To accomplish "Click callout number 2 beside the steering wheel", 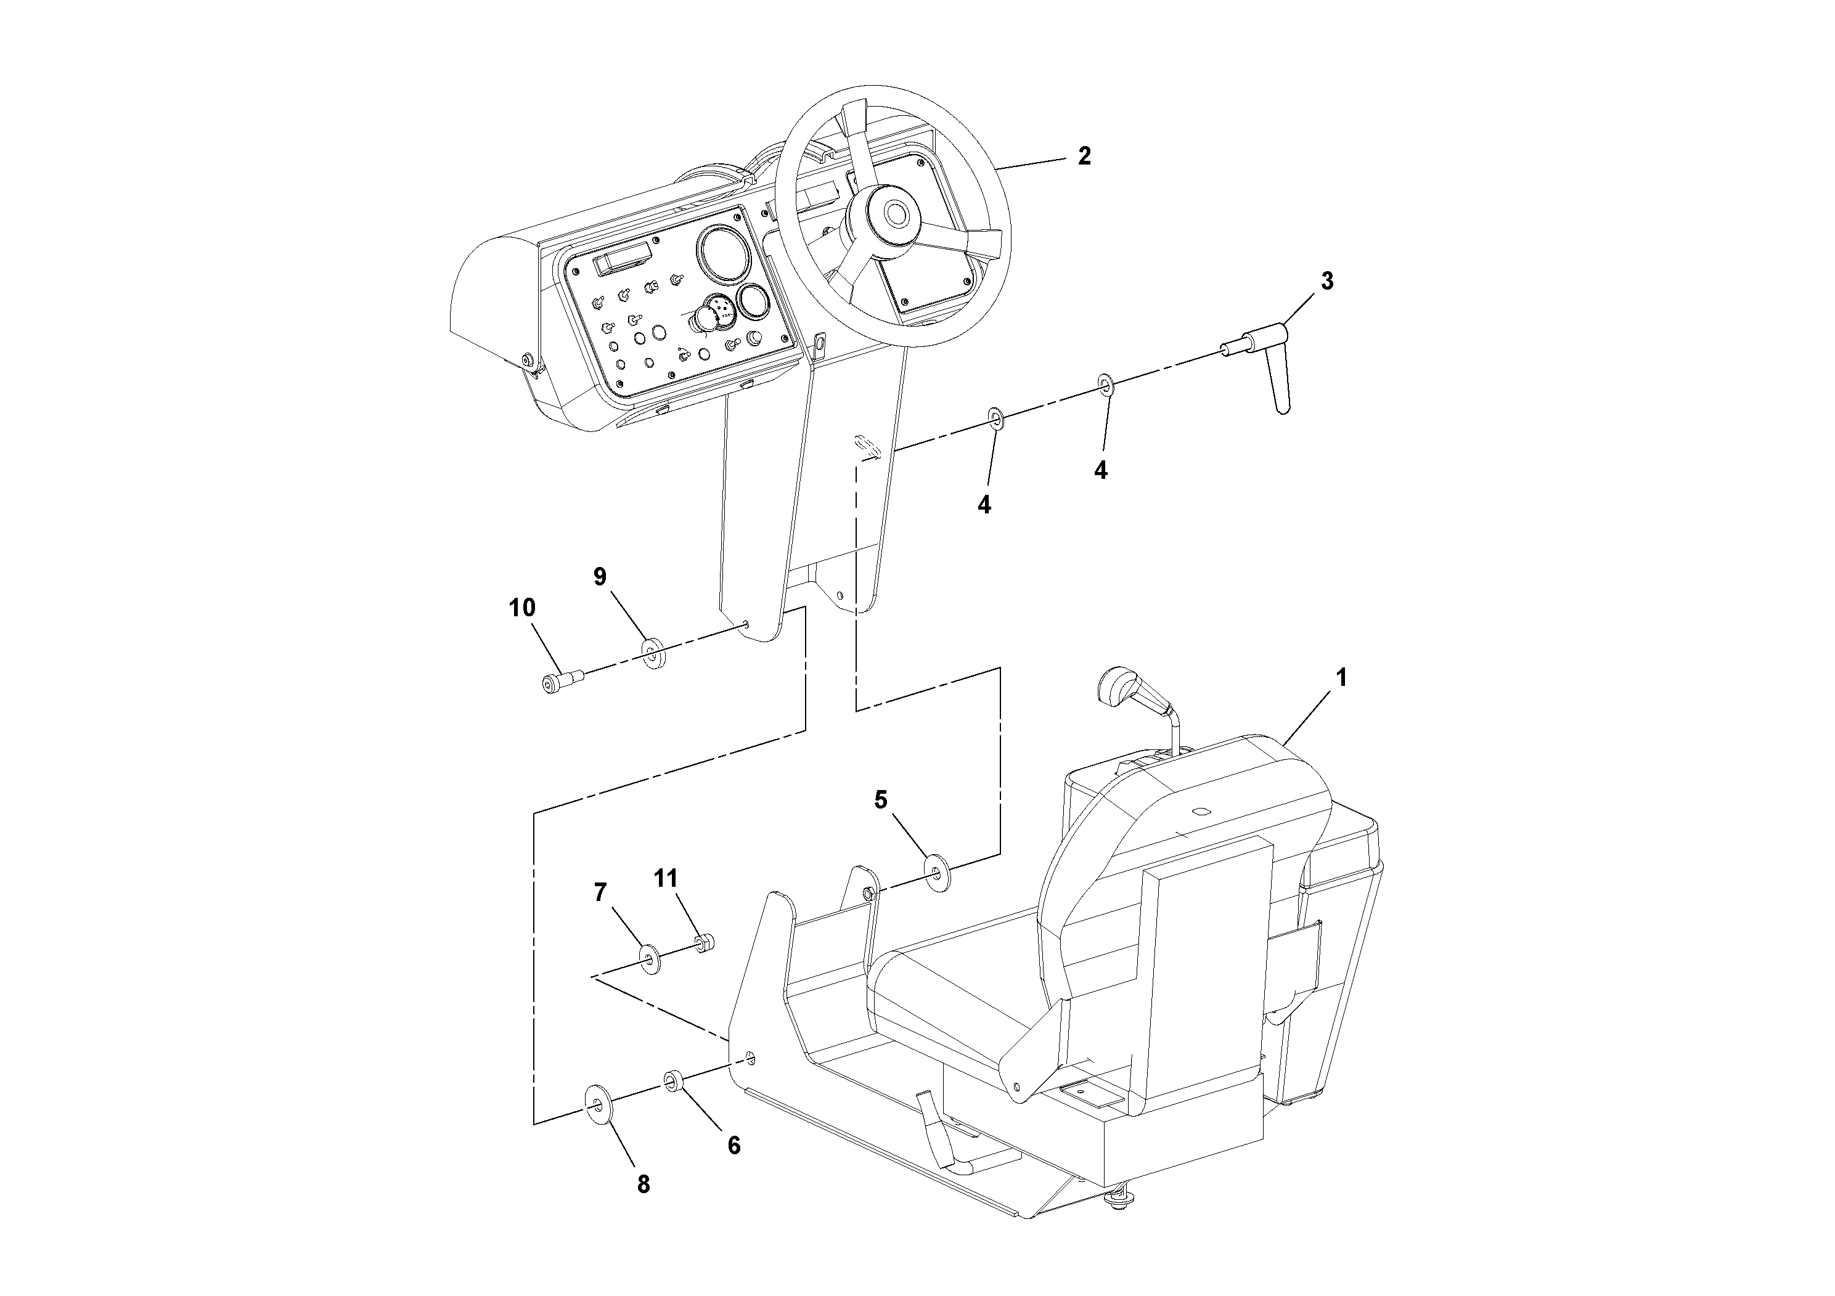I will pos(1083,156).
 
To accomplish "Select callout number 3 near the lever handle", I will pos(1326,281).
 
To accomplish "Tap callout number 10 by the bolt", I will pos(522,607).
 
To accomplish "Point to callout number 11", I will pos(665,879).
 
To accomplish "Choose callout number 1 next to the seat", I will pos(1341,677).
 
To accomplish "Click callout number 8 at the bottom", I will pos(644,1184).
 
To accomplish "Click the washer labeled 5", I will pos(936,873).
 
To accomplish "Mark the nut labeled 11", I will pos(703,943).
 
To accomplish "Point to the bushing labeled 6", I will pos(670,1082).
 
